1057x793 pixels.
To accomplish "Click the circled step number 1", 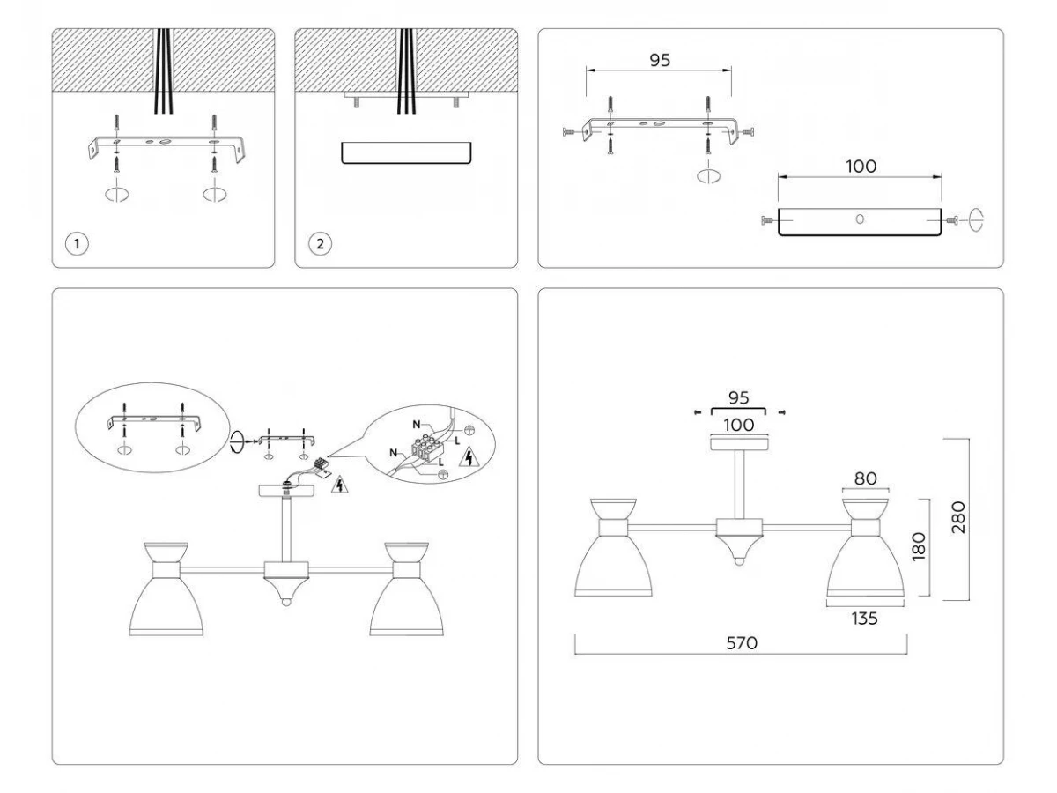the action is (77, 244).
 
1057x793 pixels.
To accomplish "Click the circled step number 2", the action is (321, 244).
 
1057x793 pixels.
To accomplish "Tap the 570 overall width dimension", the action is (742, 643).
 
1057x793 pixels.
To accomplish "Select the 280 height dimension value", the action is (958, 517).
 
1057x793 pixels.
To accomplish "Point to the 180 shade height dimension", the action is (919, 546).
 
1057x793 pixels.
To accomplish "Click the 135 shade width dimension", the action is (865, 619).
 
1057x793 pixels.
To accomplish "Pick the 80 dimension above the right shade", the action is (865, 478).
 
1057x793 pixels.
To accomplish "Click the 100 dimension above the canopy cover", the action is (861, 167).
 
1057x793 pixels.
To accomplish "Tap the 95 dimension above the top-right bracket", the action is (660, 60).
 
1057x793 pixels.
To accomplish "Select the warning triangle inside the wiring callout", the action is (468, 457).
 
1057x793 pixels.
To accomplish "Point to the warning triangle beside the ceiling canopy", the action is (340, 485).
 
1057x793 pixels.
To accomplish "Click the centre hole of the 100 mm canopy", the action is (860, 219).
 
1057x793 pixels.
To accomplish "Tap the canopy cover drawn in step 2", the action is (406, 153).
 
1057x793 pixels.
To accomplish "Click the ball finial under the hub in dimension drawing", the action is (739, 561).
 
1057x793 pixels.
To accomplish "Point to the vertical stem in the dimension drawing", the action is (739, 485).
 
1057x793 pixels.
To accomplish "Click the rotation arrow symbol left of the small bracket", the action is (236, 441).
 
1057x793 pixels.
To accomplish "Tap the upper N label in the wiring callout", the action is (417, 425).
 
